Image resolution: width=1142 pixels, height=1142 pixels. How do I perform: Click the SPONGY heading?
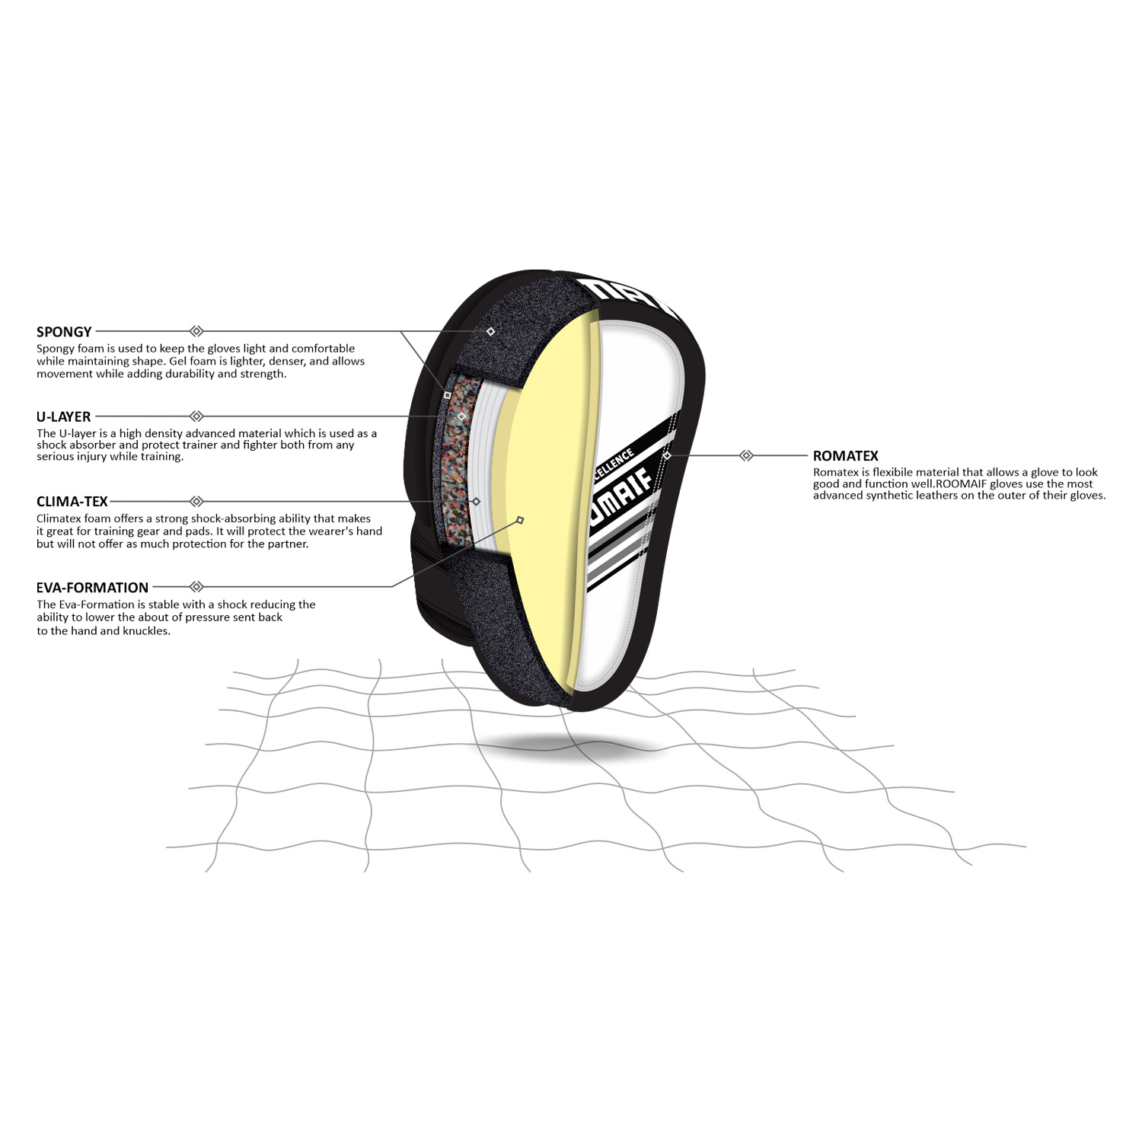point(64,332)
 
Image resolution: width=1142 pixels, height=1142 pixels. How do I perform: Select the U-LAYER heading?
point(64,416)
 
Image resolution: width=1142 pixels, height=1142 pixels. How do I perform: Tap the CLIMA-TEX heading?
point(72,502)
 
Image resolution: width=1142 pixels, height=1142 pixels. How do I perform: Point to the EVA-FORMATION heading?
point(93,588)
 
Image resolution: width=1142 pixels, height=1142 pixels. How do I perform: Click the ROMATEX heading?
point(845,456)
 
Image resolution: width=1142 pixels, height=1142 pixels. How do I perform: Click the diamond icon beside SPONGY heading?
point(196,331)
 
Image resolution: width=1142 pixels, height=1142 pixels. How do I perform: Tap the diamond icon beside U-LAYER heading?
point(196,416)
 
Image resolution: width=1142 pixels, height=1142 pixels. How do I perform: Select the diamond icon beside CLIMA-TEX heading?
point(196,501)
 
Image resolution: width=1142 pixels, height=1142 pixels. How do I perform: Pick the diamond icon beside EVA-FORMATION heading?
point(196,586)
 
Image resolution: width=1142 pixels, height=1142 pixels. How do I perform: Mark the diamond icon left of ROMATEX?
point(746,455)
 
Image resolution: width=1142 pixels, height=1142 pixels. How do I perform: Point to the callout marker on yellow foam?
point(520,520)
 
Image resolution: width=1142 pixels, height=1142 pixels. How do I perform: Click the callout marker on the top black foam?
point(490,332)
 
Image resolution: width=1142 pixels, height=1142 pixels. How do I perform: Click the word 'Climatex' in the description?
point(59,519)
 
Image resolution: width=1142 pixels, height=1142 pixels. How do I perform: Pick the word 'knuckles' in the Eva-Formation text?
point(145,631)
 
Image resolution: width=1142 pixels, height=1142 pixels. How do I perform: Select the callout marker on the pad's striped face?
point(667,455)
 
